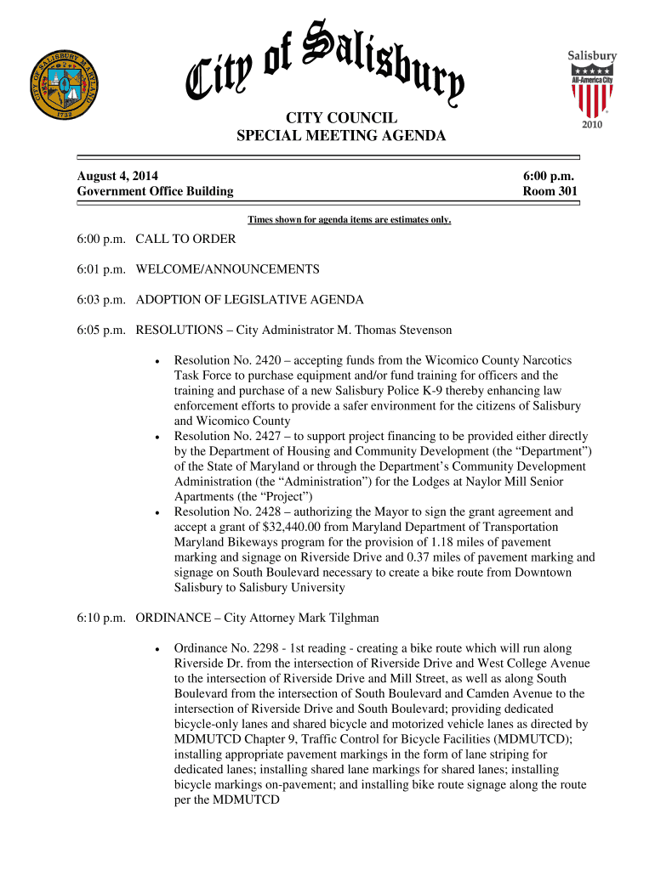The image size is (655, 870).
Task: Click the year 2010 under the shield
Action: (592, 125)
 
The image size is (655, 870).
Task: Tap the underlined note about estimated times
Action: (349, 221)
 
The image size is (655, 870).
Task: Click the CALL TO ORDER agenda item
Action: (185, 239)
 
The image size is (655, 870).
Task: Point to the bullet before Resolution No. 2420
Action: (158, 361)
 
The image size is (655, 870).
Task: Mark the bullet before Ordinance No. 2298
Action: (158, 649)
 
